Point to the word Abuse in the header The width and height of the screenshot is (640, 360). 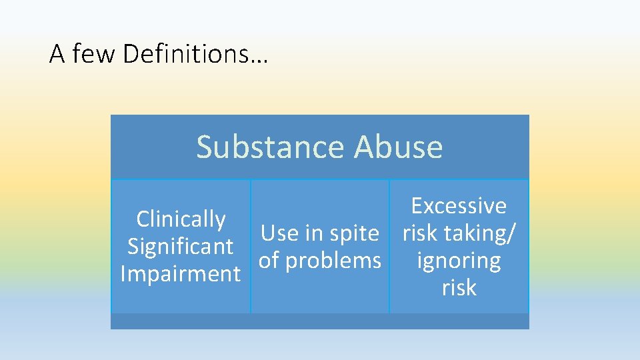pos(398,147)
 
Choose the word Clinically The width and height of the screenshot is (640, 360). pos(181,219)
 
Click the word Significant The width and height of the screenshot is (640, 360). pos(181,246)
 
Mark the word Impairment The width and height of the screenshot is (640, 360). pos(181,273)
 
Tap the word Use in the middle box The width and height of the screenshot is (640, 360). pos(279,233)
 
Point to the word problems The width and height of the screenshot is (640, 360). pos(333,261)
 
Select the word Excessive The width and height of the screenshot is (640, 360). pos(459,205)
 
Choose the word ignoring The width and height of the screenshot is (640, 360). pos(459,261)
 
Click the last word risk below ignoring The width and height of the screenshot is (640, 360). pos(459,287)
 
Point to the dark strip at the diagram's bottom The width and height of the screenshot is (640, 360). pos(320,321)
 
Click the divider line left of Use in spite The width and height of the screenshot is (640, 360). pos(251,246)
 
